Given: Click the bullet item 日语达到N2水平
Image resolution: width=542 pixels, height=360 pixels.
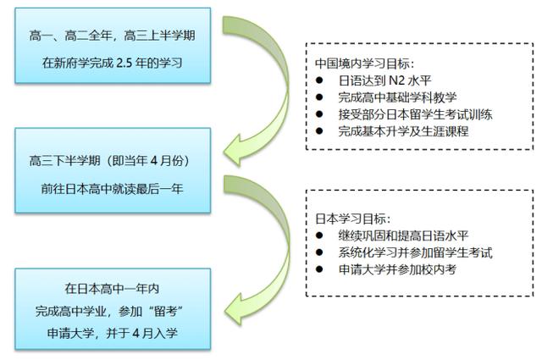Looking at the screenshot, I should tap(377, 80).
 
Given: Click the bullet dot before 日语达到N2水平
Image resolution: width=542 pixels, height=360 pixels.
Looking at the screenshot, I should tap(318, 81).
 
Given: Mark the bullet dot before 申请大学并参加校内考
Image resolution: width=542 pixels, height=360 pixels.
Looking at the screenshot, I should tap(318, 269).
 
